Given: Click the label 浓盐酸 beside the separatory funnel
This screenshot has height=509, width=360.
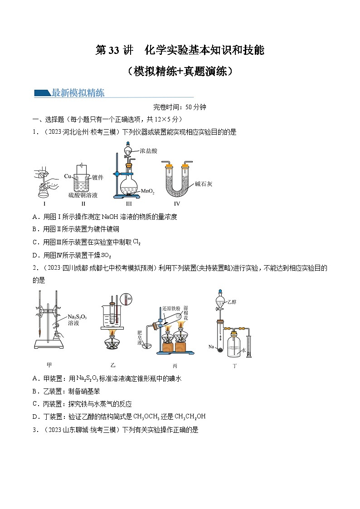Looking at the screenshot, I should [149, 150].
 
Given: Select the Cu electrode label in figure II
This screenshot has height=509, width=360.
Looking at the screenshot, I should [67, 176].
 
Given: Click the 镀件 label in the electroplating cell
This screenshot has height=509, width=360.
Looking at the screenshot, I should [97, 177].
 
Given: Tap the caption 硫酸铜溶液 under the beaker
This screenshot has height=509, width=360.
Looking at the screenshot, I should [83, 195].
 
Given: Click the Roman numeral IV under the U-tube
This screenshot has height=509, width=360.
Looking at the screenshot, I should [177, 204].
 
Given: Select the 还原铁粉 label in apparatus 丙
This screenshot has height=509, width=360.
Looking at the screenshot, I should [171, 308].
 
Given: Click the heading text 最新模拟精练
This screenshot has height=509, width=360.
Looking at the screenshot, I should [78, 93].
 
